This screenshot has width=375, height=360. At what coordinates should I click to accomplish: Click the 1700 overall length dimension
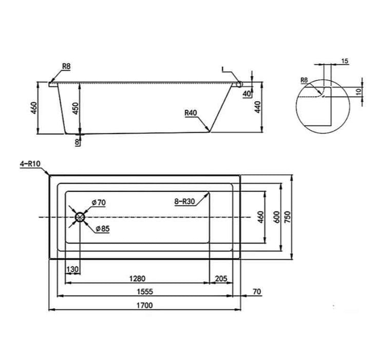[144, 305]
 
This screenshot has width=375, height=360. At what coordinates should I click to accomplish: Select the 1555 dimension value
[145, 292]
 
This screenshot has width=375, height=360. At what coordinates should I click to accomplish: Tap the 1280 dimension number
[137, 279]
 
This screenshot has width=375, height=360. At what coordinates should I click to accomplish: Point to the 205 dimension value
[221, 279]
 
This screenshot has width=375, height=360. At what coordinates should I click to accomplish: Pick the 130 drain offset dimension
[72, 269]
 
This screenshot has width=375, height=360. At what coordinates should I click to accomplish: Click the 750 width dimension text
[288, 217]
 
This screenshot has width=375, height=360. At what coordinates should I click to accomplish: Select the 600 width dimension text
[276, 217]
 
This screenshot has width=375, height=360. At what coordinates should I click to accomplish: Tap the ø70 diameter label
[99, 203]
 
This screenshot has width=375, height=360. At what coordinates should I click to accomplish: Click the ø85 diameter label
[103, 229]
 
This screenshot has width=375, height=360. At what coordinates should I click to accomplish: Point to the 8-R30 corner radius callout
[184, 202]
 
